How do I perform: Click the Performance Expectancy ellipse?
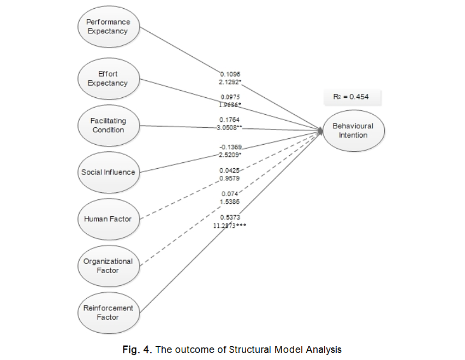point(109,27)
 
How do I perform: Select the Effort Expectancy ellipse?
point(108,79)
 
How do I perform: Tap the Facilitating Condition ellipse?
point(108,126)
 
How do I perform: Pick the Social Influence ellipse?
point(108,172)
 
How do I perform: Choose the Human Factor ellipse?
point(108,219)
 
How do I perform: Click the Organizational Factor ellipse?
point(108,265)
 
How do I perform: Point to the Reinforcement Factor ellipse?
point(108,312)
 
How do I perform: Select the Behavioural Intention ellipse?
point(353,130)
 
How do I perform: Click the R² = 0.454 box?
point(350,97)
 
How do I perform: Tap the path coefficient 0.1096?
point(230,74)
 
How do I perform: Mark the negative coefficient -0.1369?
point(230,147)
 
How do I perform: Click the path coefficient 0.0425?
point(230,170)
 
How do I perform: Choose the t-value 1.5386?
point(230,202)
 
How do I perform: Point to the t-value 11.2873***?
point(230,226)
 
